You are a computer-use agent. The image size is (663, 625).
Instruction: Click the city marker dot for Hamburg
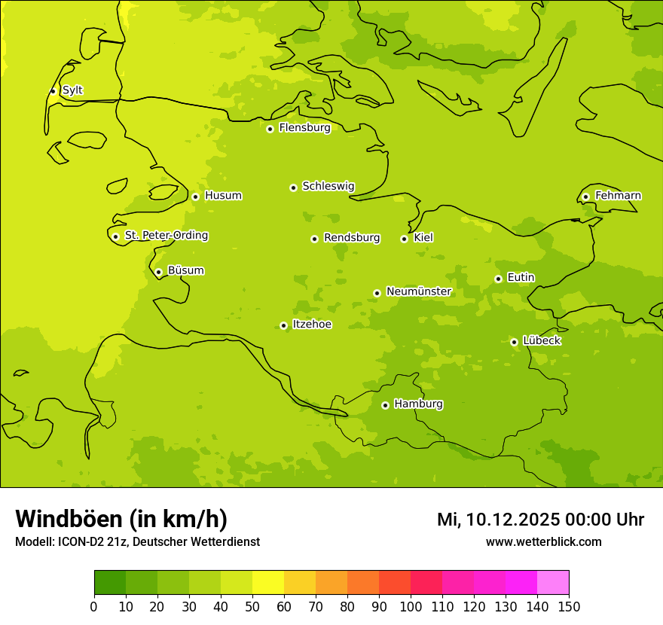pos(385,405)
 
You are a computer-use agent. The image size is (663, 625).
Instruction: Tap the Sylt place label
pos(72,90)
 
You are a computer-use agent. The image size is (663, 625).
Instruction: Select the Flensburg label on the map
pos(304,128)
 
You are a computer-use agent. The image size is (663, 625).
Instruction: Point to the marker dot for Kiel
pos(404,239)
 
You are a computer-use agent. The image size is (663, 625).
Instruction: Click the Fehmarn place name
pos(618,196)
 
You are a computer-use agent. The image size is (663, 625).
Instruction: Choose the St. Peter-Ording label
pos(167,236)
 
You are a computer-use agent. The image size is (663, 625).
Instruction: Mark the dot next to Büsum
pos(158,272)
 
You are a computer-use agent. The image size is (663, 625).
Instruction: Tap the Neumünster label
pos(419,291)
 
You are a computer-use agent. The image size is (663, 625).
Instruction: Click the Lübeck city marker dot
pos(514,342)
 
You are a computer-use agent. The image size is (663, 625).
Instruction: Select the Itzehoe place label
pos(312,325)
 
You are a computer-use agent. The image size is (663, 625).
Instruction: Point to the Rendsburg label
pos(352,238)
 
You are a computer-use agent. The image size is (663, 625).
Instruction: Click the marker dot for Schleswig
pos(293,187)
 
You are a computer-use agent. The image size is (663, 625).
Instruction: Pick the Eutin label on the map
pos(521,278)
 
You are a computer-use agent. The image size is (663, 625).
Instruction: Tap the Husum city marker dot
pos(195,197)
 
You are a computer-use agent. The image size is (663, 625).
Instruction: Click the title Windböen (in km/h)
pos(121,519)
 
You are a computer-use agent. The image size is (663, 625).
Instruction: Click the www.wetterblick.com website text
pos(543,541)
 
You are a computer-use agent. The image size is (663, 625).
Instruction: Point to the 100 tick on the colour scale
pos(411,607)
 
